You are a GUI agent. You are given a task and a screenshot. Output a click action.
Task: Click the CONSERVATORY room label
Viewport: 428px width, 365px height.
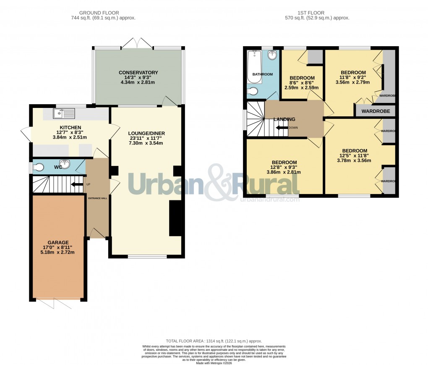(x=138, y=73)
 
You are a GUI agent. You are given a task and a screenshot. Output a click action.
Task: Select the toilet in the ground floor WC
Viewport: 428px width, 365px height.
(x=39, y=167)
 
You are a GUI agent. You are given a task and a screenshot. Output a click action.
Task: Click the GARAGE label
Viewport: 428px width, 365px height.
(x=58, y=242)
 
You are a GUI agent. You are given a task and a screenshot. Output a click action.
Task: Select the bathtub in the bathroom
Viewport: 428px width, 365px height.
(x=252, y=62)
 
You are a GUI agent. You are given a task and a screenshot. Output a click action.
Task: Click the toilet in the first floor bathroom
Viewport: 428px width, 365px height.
(x=253, y=92)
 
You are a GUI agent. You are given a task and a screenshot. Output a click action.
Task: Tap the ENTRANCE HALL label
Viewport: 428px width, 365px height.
(x=97, y=198)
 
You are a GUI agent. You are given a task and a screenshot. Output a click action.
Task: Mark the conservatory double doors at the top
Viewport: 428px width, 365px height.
(x=138, y=43)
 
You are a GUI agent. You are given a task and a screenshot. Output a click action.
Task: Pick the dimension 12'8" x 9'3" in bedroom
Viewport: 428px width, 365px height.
(x=284, y=167)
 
